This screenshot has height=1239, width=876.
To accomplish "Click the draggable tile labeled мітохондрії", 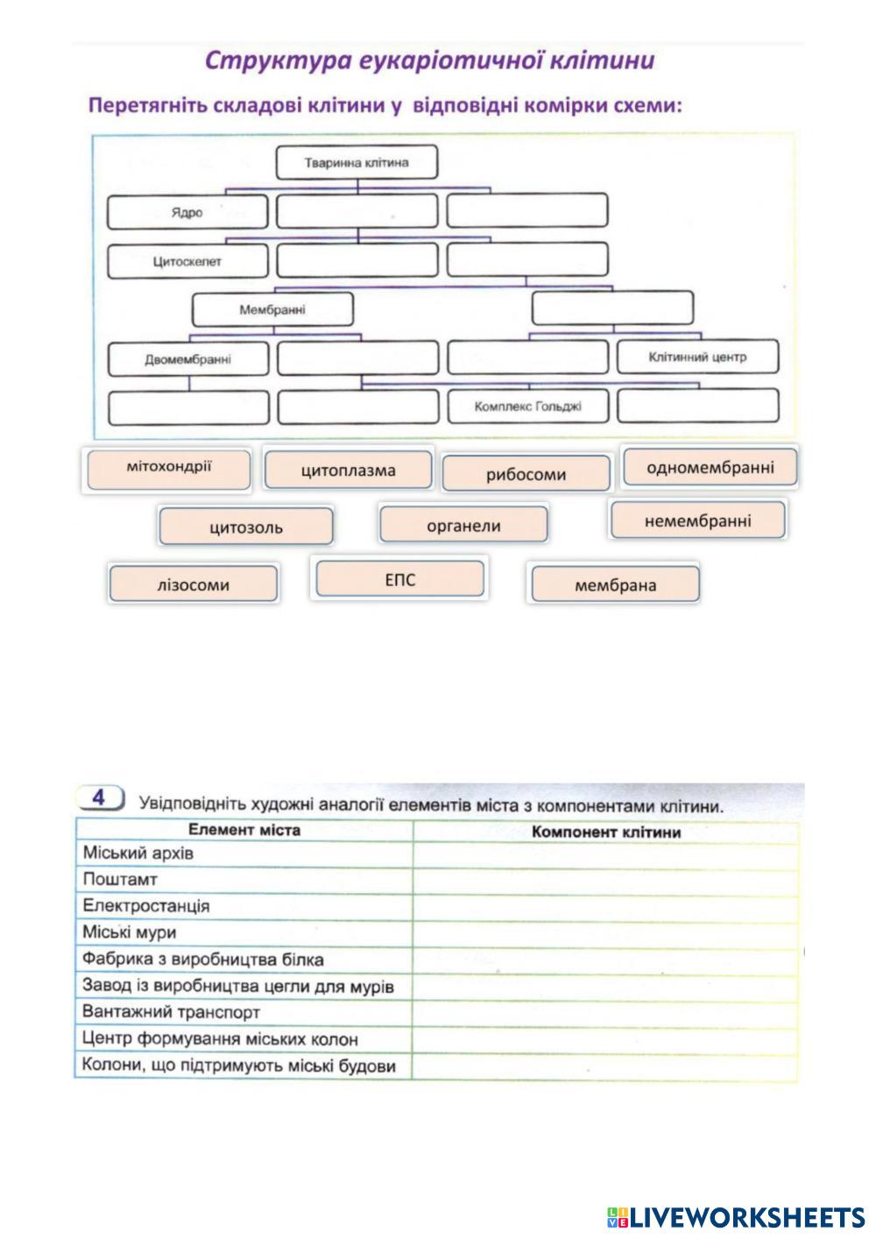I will tap(168, 468).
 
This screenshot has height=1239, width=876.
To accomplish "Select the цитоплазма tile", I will tap(348, 471).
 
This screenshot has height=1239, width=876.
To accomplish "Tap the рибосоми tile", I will tap(526, 474).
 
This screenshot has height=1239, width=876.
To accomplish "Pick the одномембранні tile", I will tap(710, 467).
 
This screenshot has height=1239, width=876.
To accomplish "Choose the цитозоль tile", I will tap(246, 527).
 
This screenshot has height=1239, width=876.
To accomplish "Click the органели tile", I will tap(463, 525).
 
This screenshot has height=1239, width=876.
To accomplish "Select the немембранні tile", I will tap(697, 521).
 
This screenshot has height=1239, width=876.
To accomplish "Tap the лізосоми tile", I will tap(194, 584).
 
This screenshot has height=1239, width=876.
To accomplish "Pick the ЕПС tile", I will tap(399, 579).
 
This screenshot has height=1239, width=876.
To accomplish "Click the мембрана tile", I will tap(615, 584).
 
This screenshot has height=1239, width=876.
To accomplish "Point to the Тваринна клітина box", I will tap(357, 163).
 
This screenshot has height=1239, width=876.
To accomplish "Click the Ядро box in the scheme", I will tap(187, 212).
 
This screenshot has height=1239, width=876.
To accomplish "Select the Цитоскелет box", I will tap(187, 261).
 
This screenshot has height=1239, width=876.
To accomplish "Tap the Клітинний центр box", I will tap(697, 357).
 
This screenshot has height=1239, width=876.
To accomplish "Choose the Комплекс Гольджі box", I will tap(527, 406).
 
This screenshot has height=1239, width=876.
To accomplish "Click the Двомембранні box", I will tap(187, 358).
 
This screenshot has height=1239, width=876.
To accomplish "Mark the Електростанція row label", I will tap(146, 906).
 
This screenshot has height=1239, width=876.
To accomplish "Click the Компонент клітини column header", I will tap(605, 831).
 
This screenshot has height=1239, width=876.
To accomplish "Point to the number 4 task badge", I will tap(99, 798).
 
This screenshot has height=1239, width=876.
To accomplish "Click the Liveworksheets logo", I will tap(735, 1216).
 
